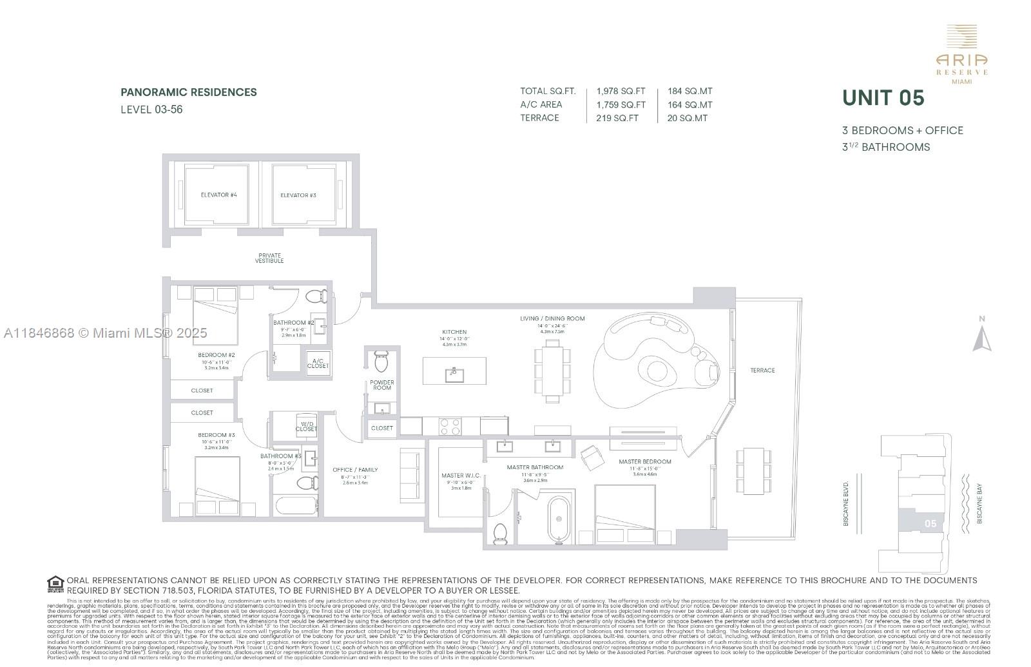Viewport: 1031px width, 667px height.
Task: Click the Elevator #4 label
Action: [218, 195]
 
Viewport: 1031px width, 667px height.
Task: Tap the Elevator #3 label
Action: [298, 195]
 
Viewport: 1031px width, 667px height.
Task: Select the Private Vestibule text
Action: [269, 258]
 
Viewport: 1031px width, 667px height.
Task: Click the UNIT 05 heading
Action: [883, 98]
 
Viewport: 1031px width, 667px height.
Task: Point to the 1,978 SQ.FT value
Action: [621, 92]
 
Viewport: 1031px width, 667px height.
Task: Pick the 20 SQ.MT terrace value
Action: [688, 118]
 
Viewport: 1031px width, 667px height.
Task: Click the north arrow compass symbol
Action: [981, 338]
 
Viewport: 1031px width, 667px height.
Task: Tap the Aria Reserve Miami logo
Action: [962, 55]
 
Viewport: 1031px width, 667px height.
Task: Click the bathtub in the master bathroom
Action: [559, 520]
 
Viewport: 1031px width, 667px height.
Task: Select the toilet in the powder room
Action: [380, 362]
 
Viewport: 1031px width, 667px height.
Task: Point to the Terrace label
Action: [762, 371]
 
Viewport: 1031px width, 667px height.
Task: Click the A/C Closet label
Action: [318, 363]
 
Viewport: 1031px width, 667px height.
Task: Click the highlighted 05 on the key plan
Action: [930, 523]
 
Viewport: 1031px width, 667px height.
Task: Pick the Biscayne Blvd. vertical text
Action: [847, 503]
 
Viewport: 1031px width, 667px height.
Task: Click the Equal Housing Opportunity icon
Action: [55, 585]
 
